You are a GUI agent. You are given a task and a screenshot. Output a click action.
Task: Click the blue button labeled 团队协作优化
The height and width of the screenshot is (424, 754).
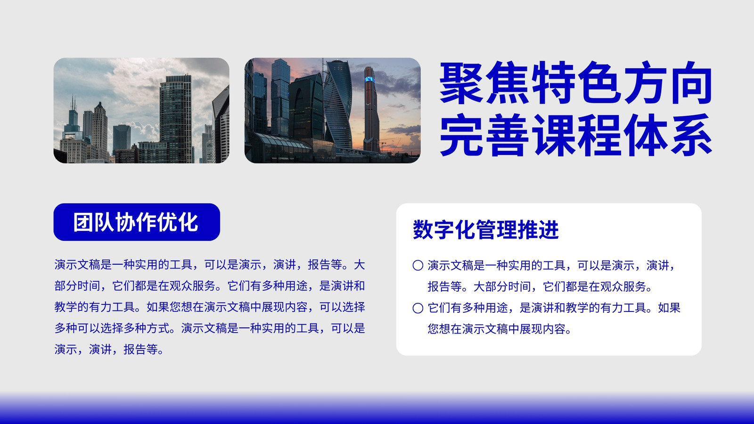point(137,222)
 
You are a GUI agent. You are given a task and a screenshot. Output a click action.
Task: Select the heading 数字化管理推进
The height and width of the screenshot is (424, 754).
point(486,230)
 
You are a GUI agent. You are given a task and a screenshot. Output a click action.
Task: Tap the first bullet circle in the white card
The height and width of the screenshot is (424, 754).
point(418,266)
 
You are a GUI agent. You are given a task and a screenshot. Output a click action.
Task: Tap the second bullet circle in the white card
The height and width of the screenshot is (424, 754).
point(418,308)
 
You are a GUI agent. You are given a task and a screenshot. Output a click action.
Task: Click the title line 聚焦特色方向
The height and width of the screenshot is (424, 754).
point(576,83)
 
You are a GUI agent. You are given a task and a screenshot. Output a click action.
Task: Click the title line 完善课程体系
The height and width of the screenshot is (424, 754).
point(576,135)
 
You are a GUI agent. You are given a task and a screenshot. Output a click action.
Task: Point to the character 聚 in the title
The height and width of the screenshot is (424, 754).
point(462,83)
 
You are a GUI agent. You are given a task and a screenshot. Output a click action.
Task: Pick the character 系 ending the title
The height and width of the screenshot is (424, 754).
point(690,135)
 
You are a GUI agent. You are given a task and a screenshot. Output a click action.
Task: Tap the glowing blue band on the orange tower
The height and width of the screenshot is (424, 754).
point(369,80)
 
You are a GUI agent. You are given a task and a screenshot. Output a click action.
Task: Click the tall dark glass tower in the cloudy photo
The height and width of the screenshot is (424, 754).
point(176,118)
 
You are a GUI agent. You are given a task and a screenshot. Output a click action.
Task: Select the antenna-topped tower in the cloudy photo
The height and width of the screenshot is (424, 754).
point(73,118)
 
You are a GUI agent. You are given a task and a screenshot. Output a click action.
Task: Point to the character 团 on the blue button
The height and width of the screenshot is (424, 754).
point(83,222)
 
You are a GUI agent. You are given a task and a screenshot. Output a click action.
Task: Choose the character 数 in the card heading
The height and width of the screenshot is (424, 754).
point(423,230)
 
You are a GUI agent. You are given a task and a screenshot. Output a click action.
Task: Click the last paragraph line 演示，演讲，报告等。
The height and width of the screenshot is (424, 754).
point(109,349)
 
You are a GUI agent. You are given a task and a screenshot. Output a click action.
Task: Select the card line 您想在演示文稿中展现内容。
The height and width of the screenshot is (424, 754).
point(500,329)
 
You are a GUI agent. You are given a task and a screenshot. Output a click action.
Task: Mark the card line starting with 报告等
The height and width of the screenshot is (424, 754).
point(540,286)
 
